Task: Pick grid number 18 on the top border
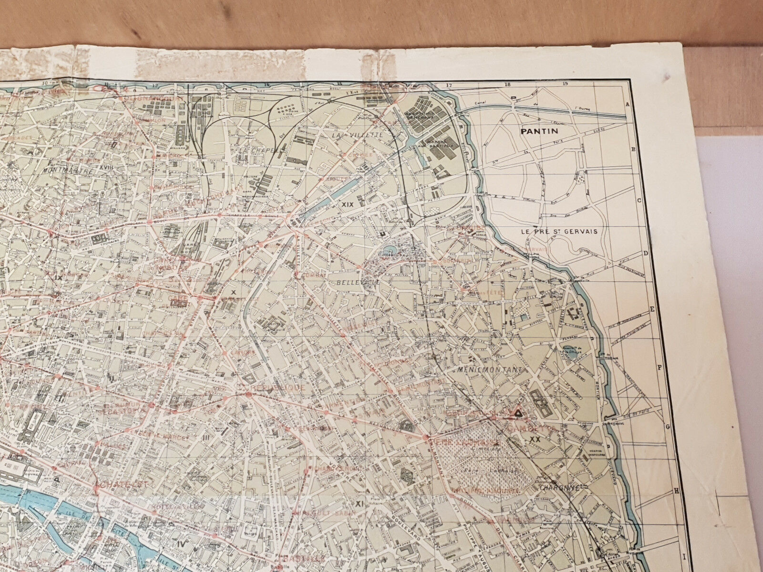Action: [507, 84]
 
